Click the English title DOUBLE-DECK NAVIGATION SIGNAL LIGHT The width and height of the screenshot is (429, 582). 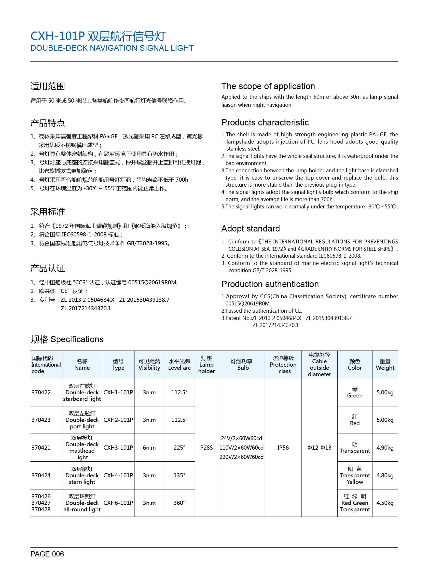pyautogui.click(x=112, y=48)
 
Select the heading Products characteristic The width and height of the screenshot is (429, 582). pyautogui.click(x=265, y=122)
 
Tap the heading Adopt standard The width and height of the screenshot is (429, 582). pyautogui.click(x=250, y=229)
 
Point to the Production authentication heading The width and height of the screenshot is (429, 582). pyautogui.click(x=270, y=284)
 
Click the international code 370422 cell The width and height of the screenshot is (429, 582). pyautogui.click(x=41, y=392)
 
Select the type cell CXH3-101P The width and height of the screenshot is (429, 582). pyautogui.click(x=118, y=448)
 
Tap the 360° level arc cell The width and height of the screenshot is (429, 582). pyautogui.click(x=179, y=503)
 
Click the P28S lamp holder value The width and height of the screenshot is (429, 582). pyautogui.click(x=206, y=448)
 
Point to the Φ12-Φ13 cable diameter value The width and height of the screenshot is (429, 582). pyautogui.click(x=319, y=448)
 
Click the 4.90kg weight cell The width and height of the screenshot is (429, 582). pyautogui.click(x=385, y=448)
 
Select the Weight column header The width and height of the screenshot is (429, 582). pyautogui.click(x=385, y=365)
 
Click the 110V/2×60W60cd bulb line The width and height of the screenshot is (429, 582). pyautogui.click(x=241, y=448)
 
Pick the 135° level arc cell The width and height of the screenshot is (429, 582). pyautogui.click(x=179, y=475)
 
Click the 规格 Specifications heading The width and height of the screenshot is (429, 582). pyautogui.click(x=67, y=339)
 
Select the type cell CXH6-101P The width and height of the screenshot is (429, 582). pyautogui.click(x=118, y=503)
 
